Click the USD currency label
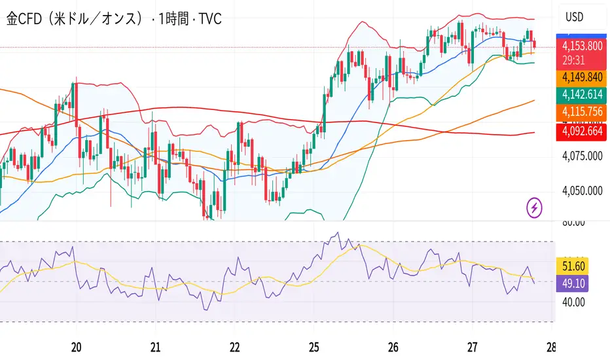[x=575, y=17]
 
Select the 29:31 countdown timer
[x=573, y=60]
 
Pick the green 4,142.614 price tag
[x=583, y=94]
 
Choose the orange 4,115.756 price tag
[x=583, y=113]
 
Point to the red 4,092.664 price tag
[x=583, y=132]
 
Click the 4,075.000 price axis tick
[x=583, y=156]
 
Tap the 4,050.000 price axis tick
[x=583, y=191]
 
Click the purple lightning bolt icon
[x=535, y=208]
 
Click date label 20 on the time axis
[x=77, y=346]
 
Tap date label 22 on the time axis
[x=235, y=346]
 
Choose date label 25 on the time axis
[x=314, y=346]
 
